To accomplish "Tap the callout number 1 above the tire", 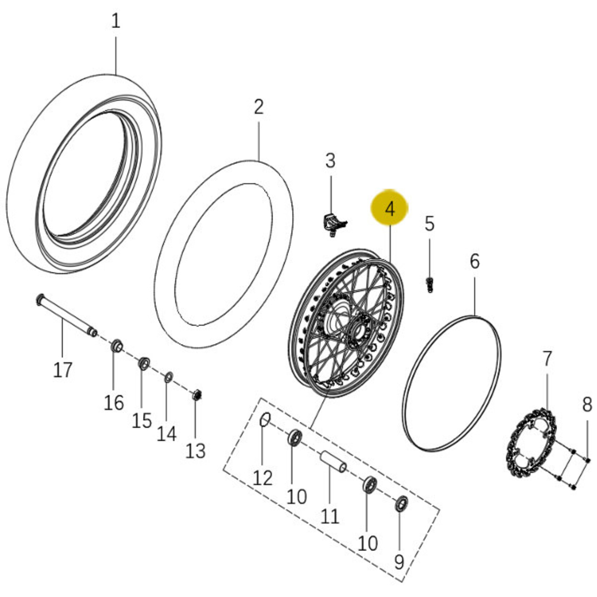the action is pos(116,21).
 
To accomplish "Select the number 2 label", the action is pos(259,107).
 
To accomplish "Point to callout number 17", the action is pos(63,370).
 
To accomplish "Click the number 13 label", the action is pos(196,451).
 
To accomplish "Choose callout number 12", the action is pos(262,478).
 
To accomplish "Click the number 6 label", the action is pos(474,261).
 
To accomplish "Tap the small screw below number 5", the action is pos(430,285).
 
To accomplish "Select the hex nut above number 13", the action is pos(197,394).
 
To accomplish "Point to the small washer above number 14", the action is pos(168,378).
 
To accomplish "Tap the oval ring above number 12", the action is pos(265,420).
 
